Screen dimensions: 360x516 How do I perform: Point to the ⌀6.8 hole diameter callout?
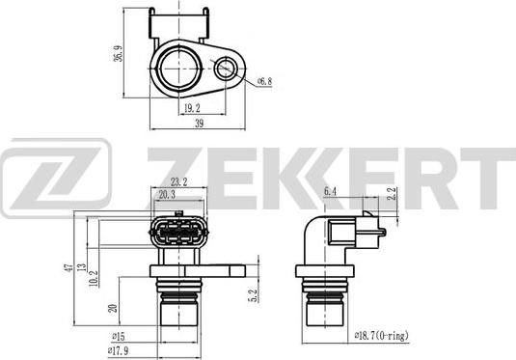pyautogui.click(x=265, y=82)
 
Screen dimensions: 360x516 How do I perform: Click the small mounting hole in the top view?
pyautogui.click(x=227, y=67)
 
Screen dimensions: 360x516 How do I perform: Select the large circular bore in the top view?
pyautogui.click(x=177, y=67)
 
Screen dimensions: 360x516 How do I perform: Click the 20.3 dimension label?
pyautogui.click(x=166, y=194)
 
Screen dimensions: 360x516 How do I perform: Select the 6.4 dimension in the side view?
pyautogui.click(x=330, y=192)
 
